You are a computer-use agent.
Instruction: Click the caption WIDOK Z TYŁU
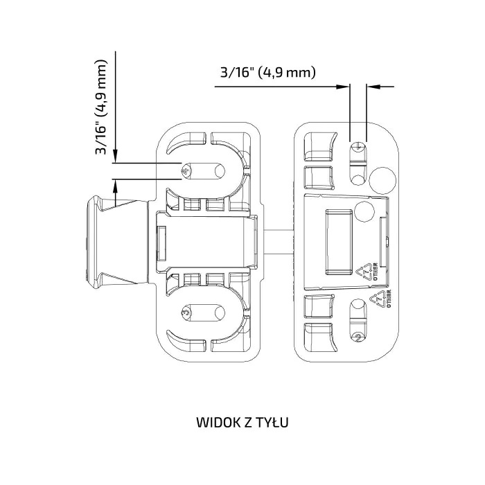pyautogui.click(x=242, y=422)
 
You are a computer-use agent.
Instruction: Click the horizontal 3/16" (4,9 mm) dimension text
pyautogui.click(x=268, y=72)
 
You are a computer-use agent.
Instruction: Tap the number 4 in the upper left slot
pyautogui.click(x=185, y=170)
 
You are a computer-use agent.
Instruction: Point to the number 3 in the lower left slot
pyautogui.click(x=185, y=313)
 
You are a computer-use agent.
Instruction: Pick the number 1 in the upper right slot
pyautogui.click(x=358, y=145)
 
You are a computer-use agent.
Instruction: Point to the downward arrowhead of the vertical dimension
pyautogui.click(x=116, y=155)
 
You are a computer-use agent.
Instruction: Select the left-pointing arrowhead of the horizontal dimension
pyautogui.click(x=371, y=87)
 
